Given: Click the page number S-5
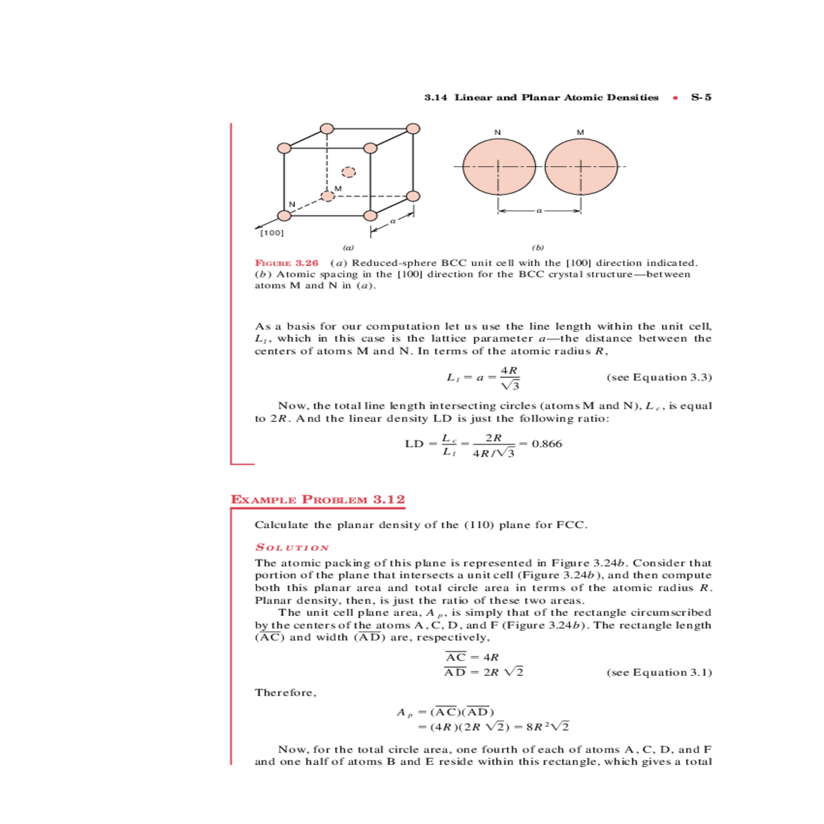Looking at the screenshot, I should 701,98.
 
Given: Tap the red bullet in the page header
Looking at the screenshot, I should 676,98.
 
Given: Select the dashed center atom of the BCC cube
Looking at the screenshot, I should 349,172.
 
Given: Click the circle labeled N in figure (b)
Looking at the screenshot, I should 499,167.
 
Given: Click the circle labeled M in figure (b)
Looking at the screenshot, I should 581,167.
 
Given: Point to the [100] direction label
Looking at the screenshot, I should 273,233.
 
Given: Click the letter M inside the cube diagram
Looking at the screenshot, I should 338,189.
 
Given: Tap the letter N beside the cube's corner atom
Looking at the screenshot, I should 292,204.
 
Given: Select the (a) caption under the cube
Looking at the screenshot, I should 348,248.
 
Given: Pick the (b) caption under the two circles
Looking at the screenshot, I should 538,248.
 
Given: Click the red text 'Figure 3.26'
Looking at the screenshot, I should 287,263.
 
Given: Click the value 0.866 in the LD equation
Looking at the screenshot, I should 547,444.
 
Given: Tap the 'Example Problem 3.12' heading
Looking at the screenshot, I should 318,500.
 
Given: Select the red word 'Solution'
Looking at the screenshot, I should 292,547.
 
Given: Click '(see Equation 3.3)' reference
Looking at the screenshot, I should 659,377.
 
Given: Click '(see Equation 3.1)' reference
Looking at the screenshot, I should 659,672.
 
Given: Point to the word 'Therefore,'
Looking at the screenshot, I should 286,692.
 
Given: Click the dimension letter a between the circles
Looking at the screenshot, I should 539,211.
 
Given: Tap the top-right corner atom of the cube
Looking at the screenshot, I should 413,128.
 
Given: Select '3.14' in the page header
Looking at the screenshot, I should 435,98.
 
